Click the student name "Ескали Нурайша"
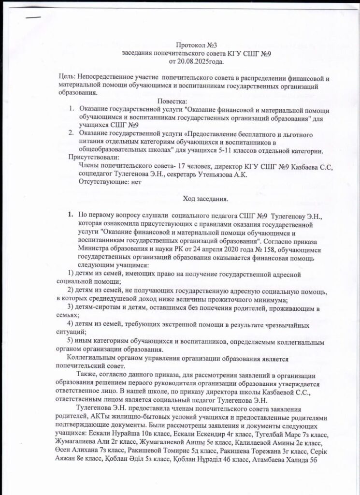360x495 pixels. [112, 434]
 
